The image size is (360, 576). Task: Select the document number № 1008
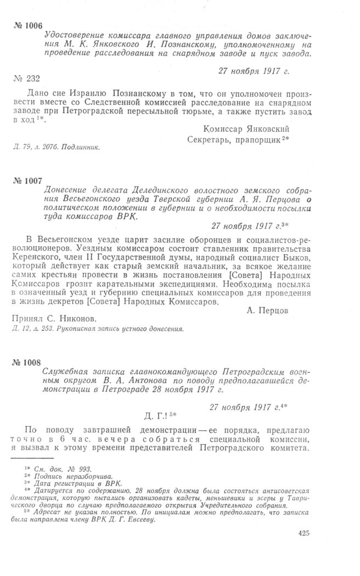click(27, 363)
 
